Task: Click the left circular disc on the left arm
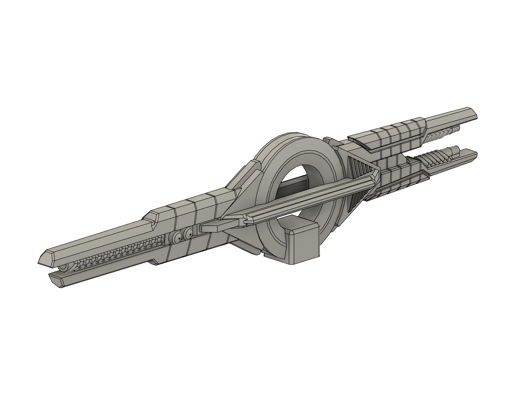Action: (177, 238)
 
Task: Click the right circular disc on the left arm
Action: (187, 234)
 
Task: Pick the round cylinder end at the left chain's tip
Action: (64, 269)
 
